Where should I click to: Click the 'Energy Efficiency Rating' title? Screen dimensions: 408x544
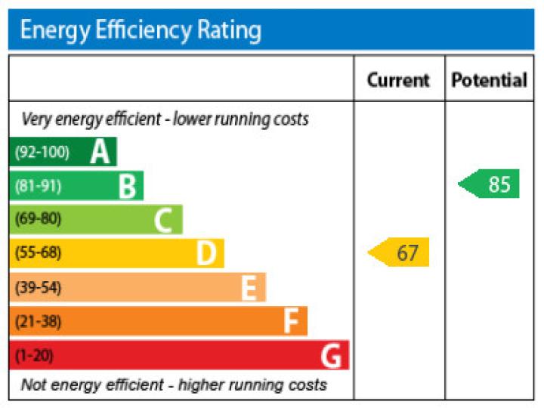(141, 30)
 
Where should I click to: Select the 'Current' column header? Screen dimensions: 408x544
(398, 80)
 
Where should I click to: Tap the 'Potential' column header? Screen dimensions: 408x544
(489, 80)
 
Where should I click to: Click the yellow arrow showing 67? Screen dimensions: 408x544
(400, 252)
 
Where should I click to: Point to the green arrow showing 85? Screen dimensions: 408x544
(490, 184)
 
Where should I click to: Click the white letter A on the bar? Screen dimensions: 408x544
(100, 153)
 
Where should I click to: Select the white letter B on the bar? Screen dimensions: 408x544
(127, 186)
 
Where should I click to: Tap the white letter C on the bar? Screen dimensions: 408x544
(163, 221)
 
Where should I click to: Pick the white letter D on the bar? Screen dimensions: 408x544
(206, 254)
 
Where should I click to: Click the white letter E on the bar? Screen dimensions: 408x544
(249, 288)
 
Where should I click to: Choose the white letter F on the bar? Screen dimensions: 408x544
(291, 322)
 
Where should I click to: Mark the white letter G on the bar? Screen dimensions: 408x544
(330, 355)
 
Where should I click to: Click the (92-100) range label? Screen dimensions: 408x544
(42, 153)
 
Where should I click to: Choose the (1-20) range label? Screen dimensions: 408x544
(34, 355)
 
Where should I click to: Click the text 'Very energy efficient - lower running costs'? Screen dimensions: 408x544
(165, 119)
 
